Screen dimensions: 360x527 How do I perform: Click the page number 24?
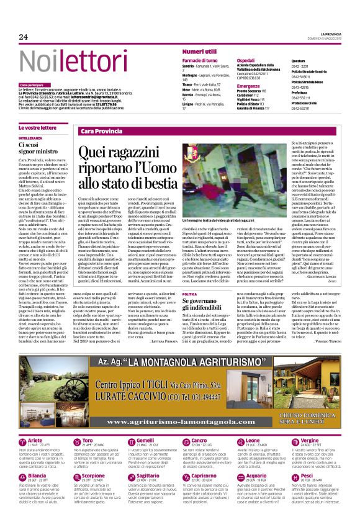(24, 37)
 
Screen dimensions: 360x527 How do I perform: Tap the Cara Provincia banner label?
(102, 132)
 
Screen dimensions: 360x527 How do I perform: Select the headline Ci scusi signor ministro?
(37, 148)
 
